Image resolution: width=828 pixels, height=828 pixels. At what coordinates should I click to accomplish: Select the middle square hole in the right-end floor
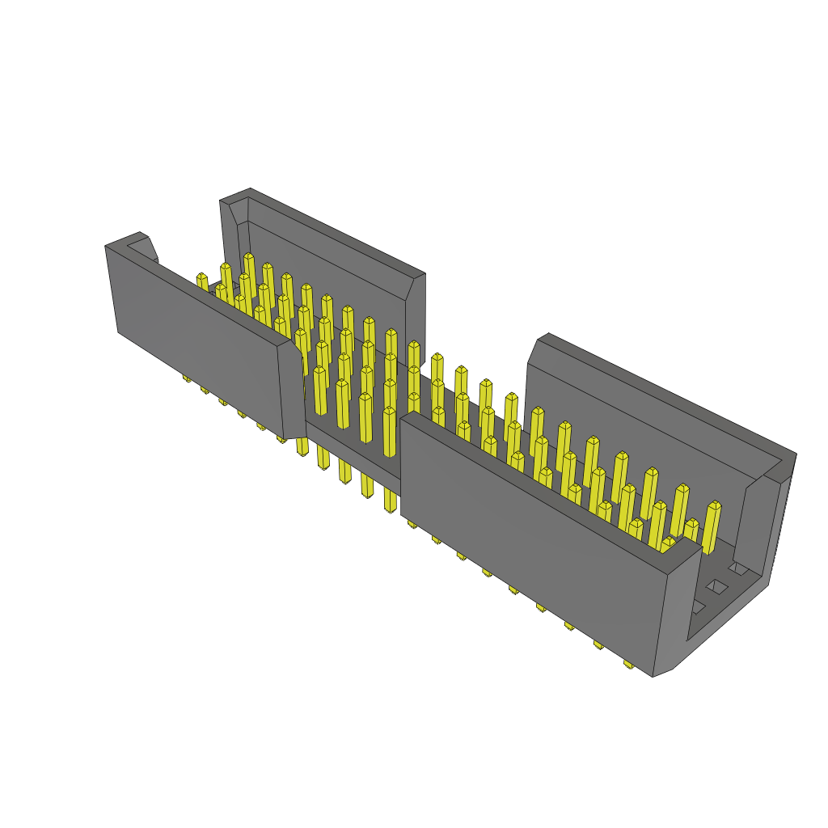[x=716, y=586]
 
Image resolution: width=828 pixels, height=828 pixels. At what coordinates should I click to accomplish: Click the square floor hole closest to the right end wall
[x=738, y=568]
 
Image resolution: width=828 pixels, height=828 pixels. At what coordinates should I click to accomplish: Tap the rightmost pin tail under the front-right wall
[x=628, y=664]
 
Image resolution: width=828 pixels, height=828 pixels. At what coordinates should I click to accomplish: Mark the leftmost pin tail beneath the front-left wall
[x=187, y=378]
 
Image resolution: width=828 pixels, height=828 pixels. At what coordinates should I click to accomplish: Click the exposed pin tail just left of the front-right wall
[x=391, y=505]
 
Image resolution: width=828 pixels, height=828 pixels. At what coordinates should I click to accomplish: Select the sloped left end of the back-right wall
[x=534, y=352]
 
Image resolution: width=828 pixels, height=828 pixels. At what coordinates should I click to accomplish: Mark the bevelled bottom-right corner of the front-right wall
[x=663, y=672]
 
